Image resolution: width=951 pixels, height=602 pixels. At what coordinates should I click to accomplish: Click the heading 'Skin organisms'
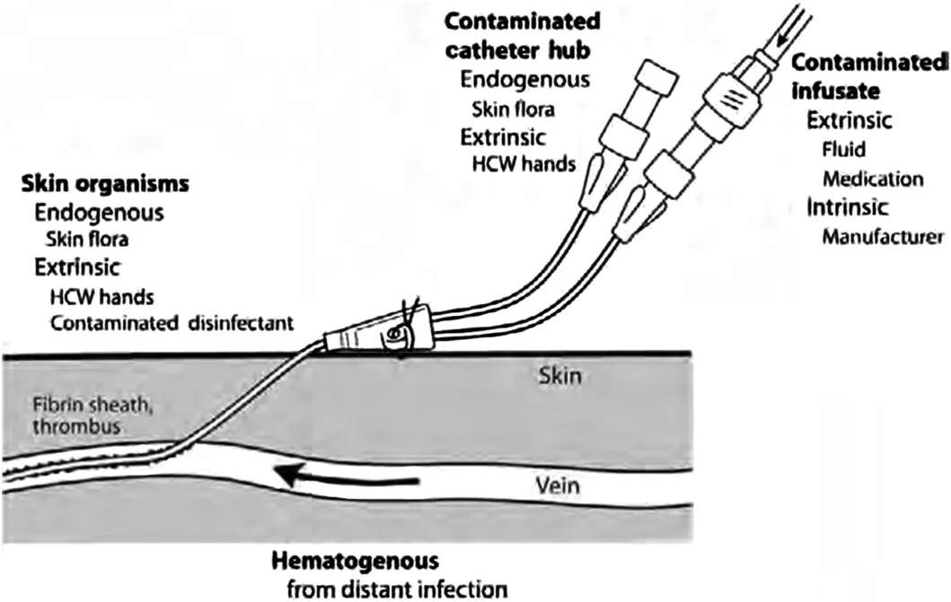(x=105, y=184)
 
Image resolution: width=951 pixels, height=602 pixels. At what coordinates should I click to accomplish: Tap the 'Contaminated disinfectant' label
(x=172, y=323)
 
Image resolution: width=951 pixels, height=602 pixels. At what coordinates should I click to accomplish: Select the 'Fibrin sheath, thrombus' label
(x=92, y=414)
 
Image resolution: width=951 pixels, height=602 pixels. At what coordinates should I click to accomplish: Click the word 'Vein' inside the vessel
(x=558, y=485)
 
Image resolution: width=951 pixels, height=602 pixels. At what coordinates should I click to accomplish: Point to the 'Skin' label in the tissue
(x=559, y=376)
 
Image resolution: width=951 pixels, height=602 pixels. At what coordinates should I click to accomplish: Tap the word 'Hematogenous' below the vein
(x=355, y=562)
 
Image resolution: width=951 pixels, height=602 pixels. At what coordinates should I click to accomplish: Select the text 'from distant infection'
(x=397, y=589)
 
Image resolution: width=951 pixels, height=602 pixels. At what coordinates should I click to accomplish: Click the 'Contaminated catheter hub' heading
(x=523, y=37)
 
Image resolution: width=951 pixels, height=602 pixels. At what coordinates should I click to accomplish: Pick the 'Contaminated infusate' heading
(x=869, y=76)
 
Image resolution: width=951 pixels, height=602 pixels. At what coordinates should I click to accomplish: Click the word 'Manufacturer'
(x=883, y=237)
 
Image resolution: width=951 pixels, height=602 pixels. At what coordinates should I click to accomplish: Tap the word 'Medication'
(x=873, y=179)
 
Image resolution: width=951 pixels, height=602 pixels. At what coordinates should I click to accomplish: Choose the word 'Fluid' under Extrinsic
(x=843, y=149)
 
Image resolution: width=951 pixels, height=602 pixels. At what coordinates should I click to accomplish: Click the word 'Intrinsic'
(x=848, y=207)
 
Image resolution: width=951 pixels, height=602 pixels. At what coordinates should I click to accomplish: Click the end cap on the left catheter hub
(x=656, y=78)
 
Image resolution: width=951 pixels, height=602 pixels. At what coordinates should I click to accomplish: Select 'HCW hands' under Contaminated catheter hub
(x=524, y=163)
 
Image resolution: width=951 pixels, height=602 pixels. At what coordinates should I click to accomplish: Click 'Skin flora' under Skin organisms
(x=87, y=240)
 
